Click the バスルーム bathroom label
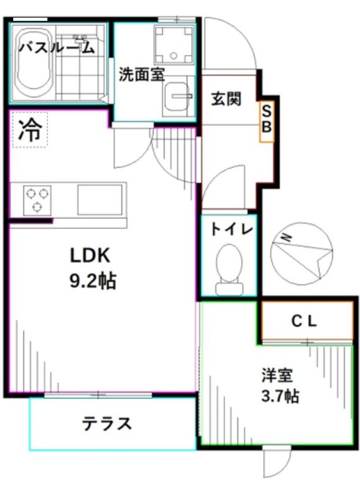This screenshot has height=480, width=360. click(x=57, y=47)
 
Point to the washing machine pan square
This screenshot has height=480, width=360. click(x=174, y=42)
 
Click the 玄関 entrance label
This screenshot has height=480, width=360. click(x=226, y=99)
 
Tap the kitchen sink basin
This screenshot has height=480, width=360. click(x=98, y=199)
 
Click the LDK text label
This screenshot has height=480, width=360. click(x=90, y=256)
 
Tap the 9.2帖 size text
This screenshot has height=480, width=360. click(x=92, y=281)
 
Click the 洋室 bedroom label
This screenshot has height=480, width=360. click(x=277, y=375)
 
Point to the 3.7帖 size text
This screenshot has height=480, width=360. click(x=279, y=397)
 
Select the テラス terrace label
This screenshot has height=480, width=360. click(x=107, y=424)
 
